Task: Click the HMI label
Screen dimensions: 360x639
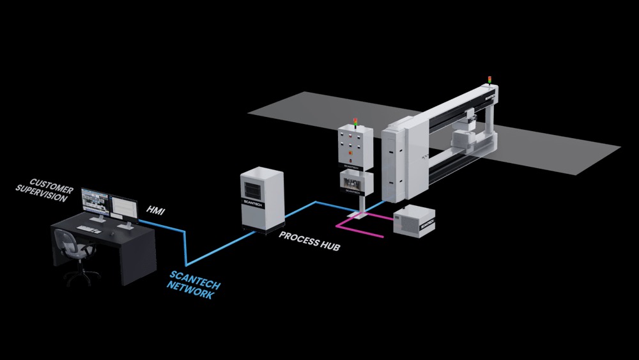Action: point(156,209)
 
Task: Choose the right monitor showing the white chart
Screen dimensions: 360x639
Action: point(124,208)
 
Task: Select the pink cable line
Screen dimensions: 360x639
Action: point(364,226)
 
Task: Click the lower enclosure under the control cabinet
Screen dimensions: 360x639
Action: point(354,183)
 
